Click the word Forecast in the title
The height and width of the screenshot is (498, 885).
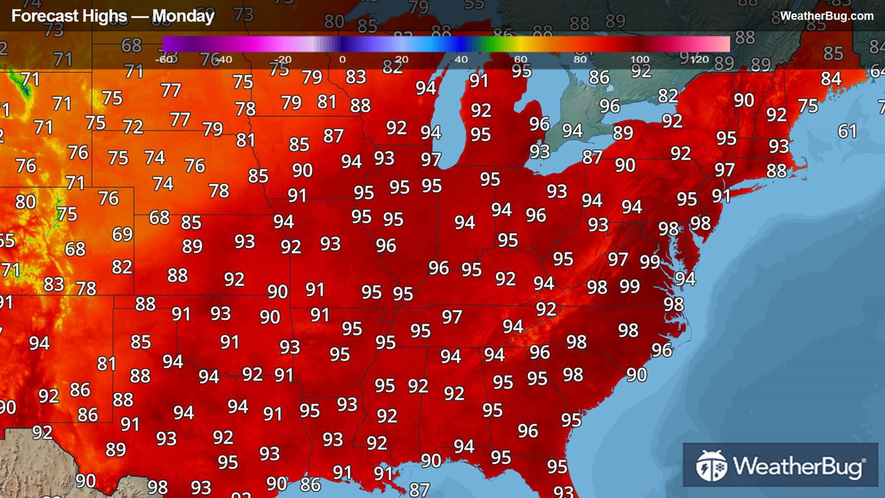40,16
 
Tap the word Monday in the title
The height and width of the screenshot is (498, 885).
183,16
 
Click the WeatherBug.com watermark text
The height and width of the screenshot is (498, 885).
827,16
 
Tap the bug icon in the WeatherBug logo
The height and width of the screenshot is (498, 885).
711,466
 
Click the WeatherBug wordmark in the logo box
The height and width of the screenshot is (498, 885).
799,466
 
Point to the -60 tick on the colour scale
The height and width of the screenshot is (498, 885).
165,59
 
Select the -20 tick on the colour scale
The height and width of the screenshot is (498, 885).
283,59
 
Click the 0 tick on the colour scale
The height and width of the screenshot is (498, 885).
342,59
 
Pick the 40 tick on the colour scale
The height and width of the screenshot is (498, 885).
461,59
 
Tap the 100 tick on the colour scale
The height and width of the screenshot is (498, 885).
640,59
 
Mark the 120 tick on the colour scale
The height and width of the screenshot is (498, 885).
699,59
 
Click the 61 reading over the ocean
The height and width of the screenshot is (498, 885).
847,131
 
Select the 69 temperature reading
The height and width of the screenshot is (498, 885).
122,234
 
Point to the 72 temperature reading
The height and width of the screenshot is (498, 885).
133,127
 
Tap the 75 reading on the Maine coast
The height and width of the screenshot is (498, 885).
808,106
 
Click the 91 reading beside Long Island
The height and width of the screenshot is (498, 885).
721,196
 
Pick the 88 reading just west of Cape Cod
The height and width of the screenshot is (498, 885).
776,171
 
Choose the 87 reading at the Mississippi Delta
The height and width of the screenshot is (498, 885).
419,489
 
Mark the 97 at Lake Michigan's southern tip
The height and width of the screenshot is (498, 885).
431,159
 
